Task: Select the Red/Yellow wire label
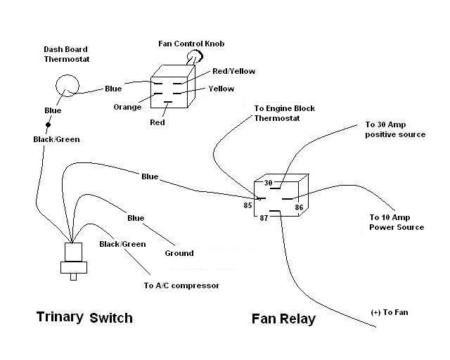pos(233,71)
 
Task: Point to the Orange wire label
pos(127,107)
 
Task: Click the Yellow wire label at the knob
pos(221,89)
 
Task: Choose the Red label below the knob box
pos(157,122)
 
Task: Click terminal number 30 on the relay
pos(267,183)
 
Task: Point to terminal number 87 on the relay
pos(264,219)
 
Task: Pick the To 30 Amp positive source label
pos(395,129)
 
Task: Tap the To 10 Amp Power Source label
pos(397,222)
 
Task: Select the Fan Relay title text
pos(283,319)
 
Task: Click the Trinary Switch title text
pos(84,318)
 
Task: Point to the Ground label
pos(179,253)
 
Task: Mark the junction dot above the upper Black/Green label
pos(48,126)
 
